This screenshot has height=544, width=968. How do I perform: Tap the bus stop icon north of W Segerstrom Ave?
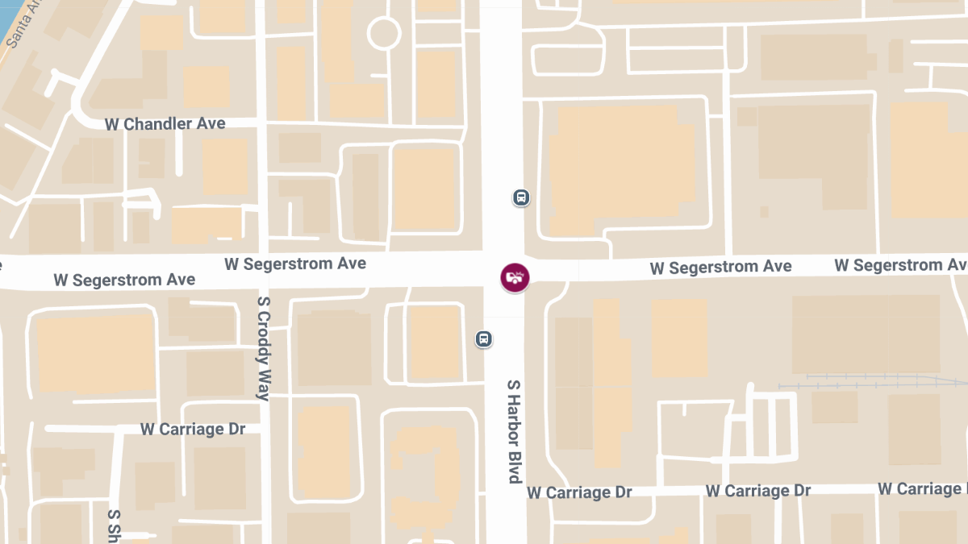(x=521, y=197)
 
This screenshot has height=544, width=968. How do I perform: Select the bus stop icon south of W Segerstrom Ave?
(x=483, y=338)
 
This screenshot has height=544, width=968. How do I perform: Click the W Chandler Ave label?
(x=165, y=124)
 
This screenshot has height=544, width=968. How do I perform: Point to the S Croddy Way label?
(x=263, y=347)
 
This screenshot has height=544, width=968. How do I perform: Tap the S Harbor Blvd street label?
(x=514, y=431)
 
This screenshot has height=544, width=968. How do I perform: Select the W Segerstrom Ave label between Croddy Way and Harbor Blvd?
(x=294, y=264)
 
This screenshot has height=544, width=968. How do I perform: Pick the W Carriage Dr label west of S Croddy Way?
(x=193, y=429)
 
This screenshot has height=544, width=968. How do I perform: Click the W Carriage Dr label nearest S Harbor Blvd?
(x=579, y=492)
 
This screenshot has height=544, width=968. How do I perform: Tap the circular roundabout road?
(x=384, y=34)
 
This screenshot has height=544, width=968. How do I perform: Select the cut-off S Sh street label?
(x=114, y=525)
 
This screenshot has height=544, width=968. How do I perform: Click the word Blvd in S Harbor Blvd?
(x=514, y=463)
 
